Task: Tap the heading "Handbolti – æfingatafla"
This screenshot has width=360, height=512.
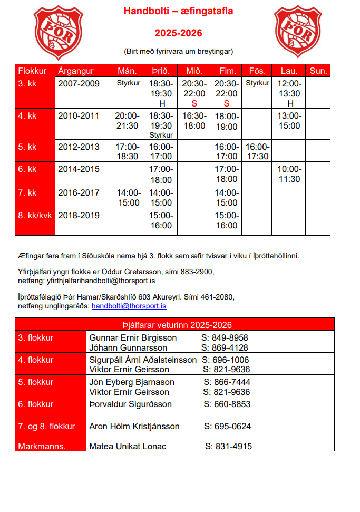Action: [x=178, y=11]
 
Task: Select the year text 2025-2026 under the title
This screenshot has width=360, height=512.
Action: [x=178, y=33]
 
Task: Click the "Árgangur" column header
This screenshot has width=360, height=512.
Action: [x=76, y=71]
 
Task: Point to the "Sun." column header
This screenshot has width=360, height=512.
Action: [x=318, y=71]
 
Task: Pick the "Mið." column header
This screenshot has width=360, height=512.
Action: [x=194, y=71]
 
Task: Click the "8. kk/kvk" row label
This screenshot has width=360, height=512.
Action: [x=35, y=216]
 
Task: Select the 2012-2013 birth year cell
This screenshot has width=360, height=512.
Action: [x=79, y=147]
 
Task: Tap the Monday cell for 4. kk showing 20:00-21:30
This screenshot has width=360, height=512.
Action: [x=127, y=121]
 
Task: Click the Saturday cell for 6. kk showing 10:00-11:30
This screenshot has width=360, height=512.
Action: [x=289, y=174]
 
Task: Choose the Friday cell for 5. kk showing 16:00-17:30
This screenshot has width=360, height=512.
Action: [x=257, y=152]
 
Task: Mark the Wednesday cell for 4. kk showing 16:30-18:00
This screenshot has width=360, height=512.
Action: [x=194, y=121]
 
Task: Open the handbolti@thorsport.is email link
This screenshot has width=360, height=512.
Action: [x=129, y=306]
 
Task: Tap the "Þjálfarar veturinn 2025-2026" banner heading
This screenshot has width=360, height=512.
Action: [x=174, y=325]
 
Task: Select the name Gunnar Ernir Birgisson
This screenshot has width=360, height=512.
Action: [x=133, y=337]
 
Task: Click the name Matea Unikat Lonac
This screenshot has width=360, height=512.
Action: [x=128, y=446]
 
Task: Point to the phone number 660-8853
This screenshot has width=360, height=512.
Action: [x=227, y=404]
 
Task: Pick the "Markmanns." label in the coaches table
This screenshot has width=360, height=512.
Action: [x=42, y=446]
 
